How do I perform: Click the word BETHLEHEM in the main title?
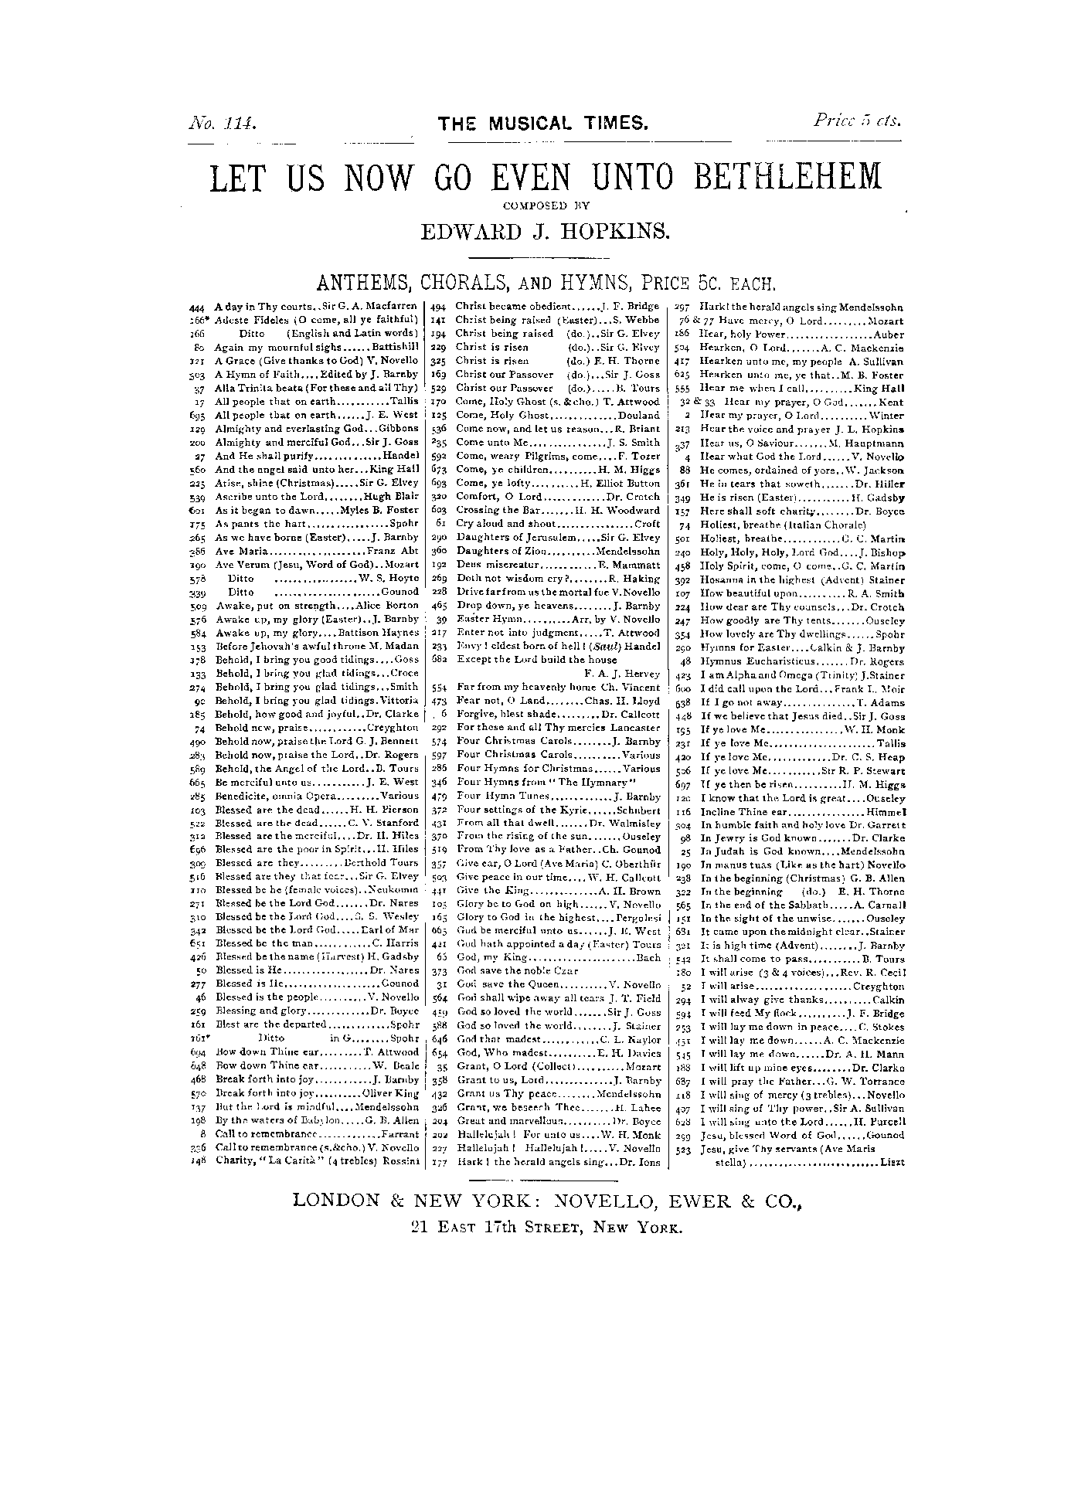pyautogui.click(x=787, y=178)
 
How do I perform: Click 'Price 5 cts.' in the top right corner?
pyautogui.click(x=857, y=121)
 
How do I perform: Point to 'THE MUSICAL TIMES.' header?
pyautogui.click(x=542, y=124)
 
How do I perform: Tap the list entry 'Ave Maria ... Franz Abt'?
pyautogui.click(x=317, y=551)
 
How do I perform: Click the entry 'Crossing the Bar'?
pyautogui.click(x=557, y=510)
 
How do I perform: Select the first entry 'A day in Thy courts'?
pyautogui.click(x=316, y=306)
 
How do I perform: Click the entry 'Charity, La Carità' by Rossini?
pyautogui.click(x=317, y=1160)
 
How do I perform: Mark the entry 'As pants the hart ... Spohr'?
pyautogui.click(x=317, y=524)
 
